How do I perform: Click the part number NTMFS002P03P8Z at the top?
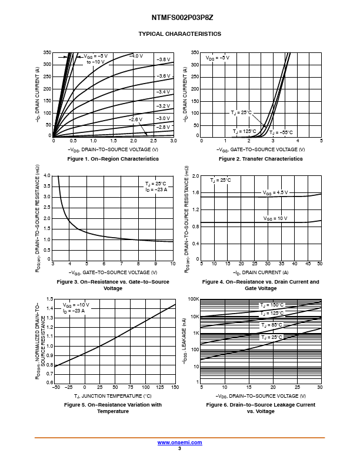[x=179, y=18]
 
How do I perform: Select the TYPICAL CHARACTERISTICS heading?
[x=179, y=34]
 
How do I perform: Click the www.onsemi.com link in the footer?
[x=179, y=442]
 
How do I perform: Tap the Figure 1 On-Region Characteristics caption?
[x=113, y=159]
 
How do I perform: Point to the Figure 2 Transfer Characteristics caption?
[x=261, y=159]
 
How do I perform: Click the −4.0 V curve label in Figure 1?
[x=136, y=56]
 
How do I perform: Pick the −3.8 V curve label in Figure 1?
[x=164, y=59]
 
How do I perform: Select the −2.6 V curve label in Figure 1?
[x=136, y=119]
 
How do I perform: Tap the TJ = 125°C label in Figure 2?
[x=244, y=131]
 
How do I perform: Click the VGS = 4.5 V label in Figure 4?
[x=275, y=192]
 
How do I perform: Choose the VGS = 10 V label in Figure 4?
[x=275, y=218]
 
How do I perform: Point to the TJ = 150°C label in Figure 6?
[x=272, y=305]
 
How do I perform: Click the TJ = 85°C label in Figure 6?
[x=272, y=325]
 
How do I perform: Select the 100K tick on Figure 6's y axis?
[x=194, y=299]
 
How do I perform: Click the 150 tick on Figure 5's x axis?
[x=175, y=388]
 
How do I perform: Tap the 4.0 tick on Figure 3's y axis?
[x=48, y=176]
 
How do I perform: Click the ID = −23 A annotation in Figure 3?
[x=156, y=189]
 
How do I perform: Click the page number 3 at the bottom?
[x=179, y=448]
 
